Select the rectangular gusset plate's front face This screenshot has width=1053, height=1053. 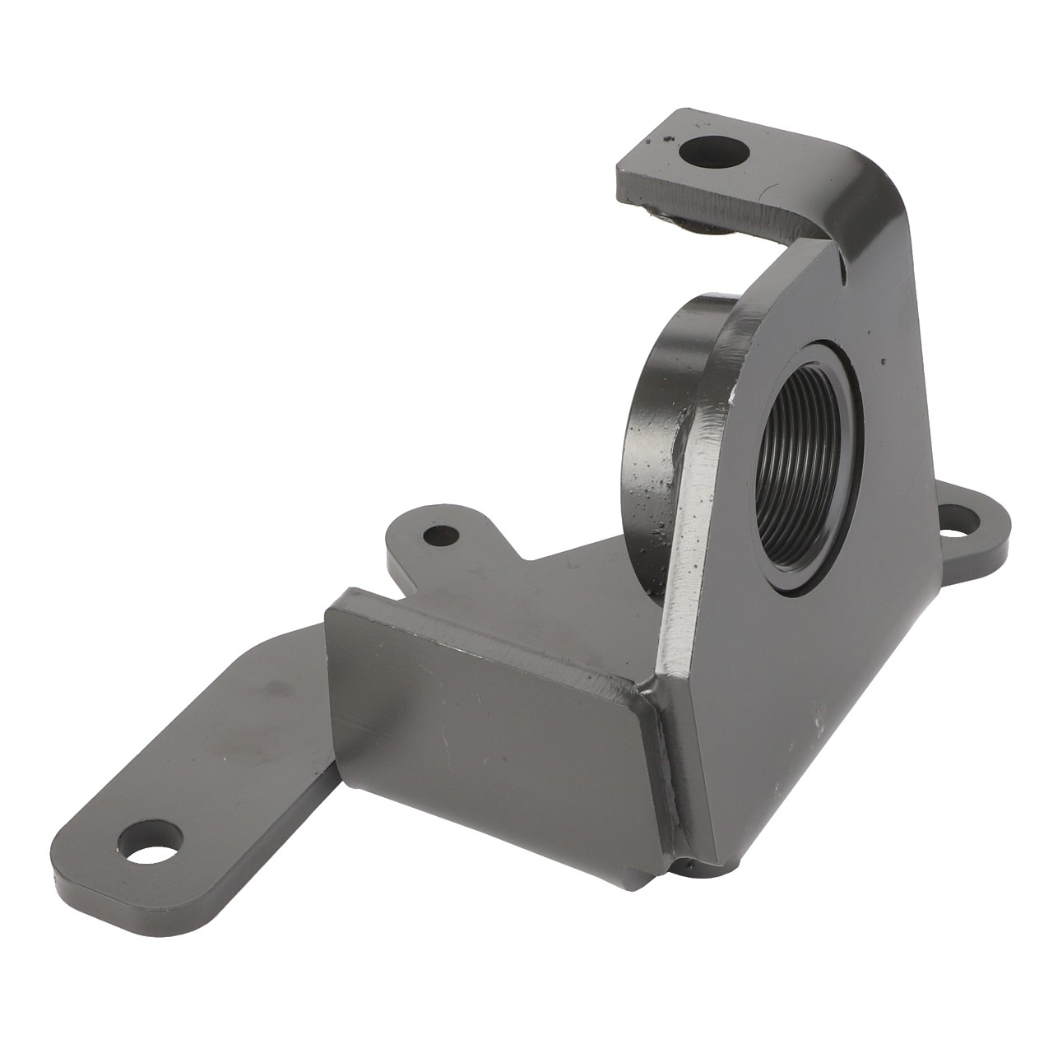click(x=485, y=707)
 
